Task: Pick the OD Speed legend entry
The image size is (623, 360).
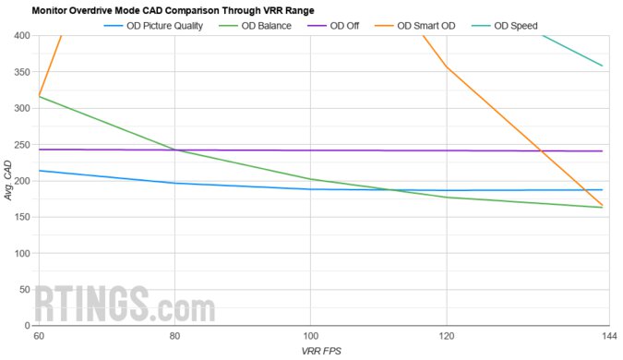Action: [x=507, y=26]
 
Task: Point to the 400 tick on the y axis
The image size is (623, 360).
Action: [x=21, y=36]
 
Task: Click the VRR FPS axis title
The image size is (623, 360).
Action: [x=320, y=352]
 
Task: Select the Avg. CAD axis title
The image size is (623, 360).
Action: [x=7, y=181]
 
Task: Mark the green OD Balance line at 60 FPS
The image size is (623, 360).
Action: [x=39, y=96]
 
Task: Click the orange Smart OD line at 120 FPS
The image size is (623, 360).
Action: [x=447, y=66]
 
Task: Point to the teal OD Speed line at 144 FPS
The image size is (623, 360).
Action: [x=602, y=66]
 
